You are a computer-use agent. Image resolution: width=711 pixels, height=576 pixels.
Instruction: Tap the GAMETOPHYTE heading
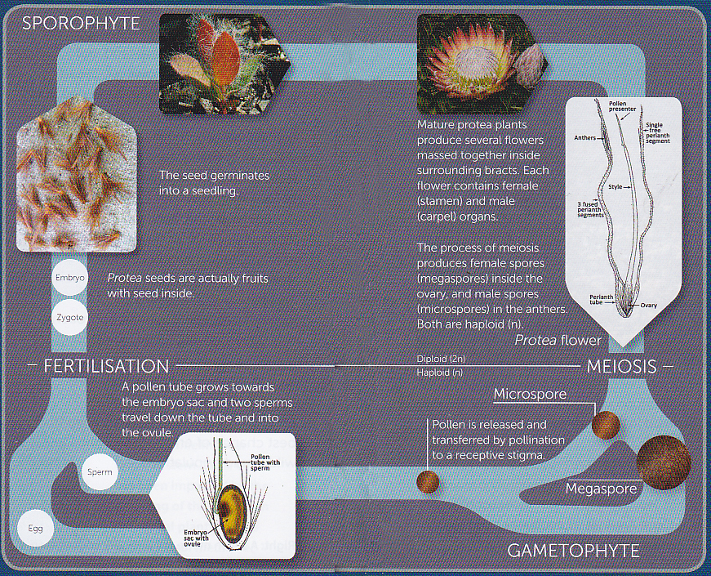573,551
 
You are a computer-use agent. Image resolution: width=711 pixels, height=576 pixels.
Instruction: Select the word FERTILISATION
107,366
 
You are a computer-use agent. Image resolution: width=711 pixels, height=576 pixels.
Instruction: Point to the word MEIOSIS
621,366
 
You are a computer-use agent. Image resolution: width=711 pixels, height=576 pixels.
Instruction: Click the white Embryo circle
69,279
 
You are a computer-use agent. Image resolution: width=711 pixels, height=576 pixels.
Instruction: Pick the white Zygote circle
69,316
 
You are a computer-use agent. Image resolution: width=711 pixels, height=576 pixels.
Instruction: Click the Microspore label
530,395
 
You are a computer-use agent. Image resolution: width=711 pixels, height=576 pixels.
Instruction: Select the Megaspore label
601,489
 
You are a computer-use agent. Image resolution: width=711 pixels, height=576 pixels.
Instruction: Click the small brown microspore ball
606,425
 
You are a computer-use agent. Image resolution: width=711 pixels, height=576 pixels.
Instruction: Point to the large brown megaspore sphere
663,462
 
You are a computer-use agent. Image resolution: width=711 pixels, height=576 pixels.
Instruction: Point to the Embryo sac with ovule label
198,537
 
